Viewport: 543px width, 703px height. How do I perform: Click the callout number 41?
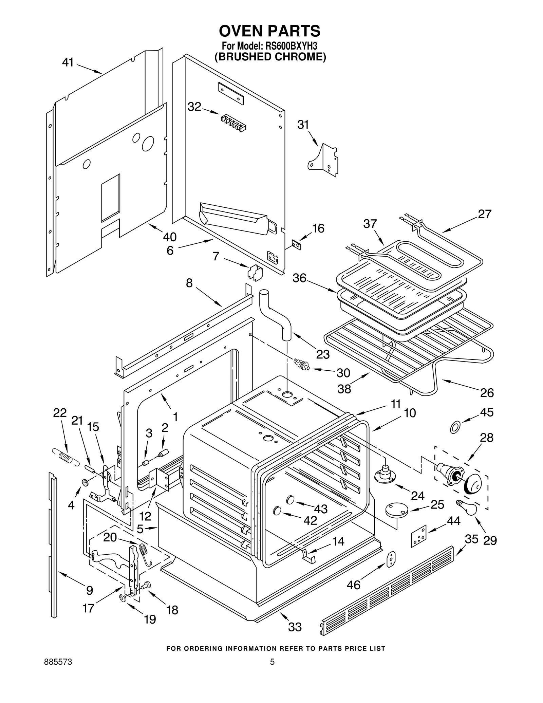coord(68,62)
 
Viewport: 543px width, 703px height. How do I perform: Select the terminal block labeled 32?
coord(233,123)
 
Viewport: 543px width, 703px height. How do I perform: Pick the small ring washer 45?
coord(455,427)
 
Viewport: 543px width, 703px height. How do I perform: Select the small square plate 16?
coord(297,244)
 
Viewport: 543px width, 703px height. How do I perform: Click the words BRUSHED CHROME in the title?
coord(270,57)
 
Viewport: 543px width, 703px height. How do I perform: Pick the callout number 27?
coord(484,214)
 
